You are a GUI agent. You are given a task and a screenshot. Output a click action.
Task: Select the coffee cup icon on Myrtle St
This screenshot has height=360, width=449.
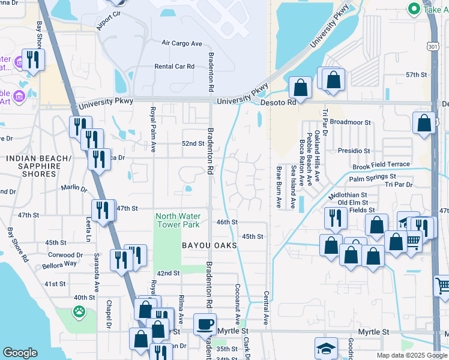(205, 325)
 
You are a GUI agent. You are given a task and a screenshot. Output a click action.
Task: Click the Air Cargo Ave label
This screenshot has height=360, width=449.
(182, 43)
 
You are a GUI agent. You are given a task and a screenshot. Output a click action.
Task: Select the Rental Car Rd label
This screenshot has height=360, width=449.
(175, 67)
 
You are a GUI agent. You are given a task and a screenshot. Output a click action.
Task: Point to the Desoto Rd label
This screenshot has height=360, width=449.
(278, 103)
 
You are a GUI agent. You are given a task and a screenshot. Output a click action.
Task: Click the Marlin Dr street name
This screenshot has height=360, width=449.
(74, 188)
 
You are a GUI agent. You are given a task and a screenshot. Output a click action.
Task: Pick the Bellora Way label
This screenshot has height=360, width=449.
(58, 264)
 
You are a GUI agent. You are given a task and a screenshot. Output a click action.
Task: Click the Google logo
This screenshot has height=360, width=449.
(20, 353)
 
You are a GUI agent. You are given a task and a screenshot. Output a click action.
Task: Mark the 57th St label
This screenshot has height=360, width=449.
(415, 75)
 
